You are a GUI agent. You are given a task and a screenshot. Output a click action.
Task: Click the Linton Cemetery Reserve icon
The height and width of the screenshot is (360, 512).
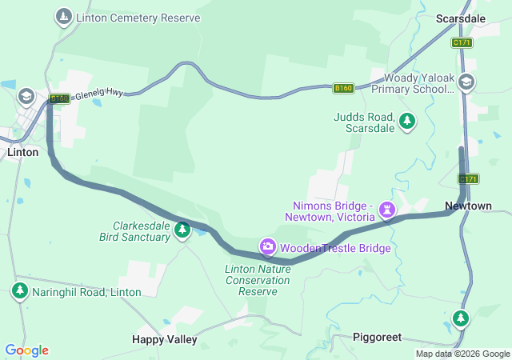[63, 17]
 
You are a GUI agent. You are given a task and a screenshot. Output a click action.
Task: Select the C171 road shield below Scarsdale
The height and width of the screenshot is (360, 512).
[462, 42]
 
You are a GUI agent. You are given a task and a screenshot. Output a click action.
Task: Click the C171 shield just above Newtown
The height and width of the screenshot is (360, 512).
[469, 178]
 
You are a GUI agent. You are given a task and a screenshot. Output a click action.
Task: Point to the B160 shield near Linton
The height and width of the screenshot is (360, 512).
[58, 98]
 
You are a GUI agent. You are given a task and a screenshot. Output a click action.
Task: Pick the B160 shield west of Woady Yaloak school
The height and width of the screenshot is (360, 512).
[343, 88]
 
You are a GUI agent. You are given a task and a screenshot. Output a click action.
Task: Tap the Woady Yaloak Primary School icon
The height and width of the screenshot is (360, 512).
[466, 81]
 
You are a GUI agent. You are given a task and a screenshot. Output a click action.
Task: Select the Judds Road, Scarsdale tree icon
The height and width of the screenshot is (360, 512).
[408, 121]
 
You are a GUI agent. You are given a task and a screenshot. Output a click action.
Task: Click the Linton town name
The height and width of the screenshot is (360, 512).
[22, 151]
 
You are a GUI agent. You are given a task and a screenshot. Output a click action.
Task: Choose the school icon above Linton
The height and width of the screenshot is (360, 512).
[26, 96]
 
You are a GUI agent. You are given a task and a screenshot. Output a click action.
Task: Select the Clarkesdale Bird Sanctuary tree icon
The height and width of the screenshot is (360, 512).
[182, 230]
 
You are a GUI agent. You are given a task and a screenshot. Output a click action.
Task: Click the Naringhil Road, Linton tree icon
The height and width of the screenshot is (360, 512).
[19, 291]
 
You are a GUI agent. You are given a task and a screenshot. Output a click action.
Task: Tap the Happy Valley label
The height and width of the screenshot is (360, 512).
[164, 339]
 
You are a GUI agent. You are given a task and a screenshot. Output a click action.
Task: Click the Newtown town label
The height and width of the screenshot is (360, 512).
[468, 206]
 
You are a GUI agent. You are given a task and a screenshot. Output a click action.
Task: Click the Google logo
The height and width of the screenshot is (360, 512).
[26, 350]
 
